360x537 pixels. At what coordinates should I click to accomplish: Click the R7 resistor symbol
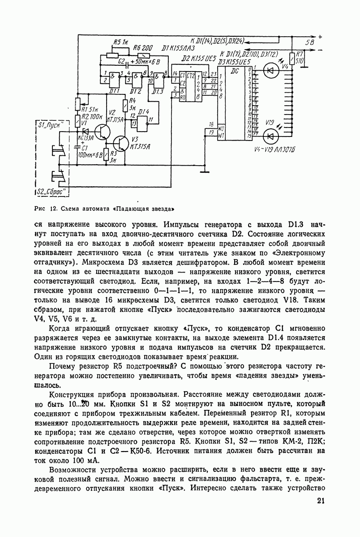[x=292, y=57]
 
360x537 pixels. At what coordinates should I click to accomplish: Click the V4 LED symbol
[x=270, y=70]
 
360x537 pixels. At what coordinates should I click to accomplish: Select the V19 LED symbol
[x=270, y=134]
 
